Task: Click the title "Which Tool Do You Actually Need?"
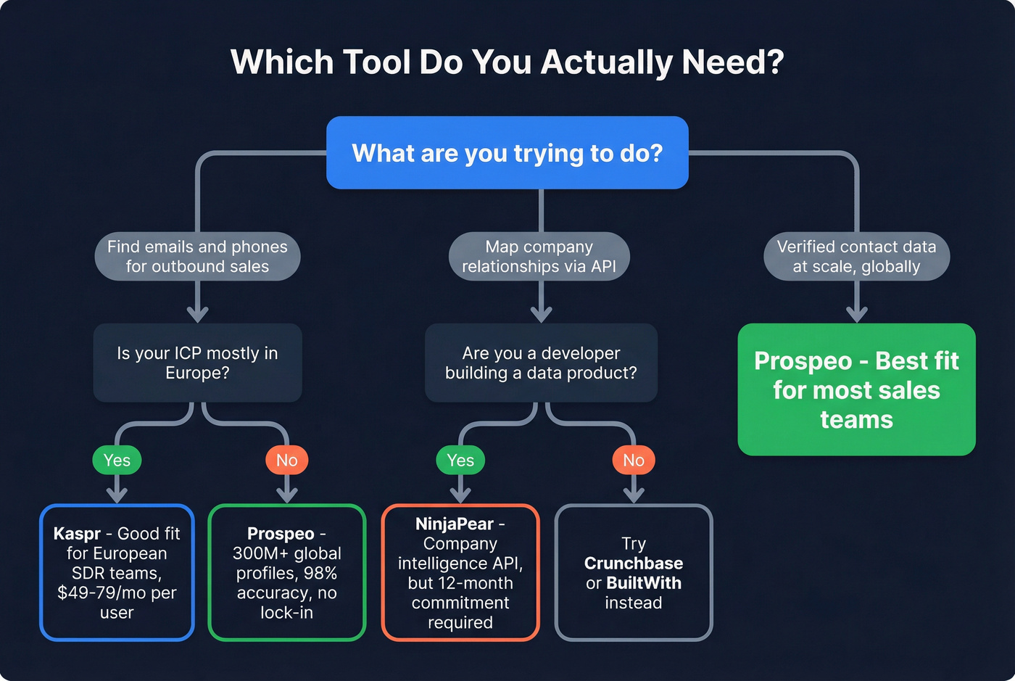pos(507,62)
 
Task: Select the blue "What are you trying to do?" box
pos(507,153)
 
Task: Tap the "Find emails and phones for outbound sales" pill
pos(197,257)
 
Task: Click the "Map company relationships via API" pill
pos(539,257)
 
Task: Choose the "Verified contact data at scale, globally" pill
pos(856,257)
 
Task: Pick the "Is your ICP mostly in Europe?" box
pos(197,363)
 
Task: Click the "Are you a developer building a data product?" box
pos(541,363)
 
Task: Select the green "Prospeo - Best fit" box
pos(856,389)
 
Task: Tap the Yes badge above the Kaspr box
pos(117,461)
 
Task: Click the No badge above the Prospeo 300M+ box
pos(287,461)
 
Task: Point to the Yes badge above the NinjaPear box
pos(460,461)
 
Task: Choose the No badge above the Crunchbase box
pos(634,461)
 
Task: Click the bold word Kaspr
pos(77,534)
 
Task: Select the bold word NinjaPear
pos(455,524)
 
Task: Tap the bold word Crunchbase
pos(634,564)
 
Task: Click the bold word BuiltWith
pos(644,583)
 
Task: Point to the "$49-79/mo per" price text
pos(117,593)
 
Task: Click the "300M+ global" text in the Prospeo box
pos(287,553)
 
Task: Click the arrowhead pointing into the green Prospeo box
pos(857,314)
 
